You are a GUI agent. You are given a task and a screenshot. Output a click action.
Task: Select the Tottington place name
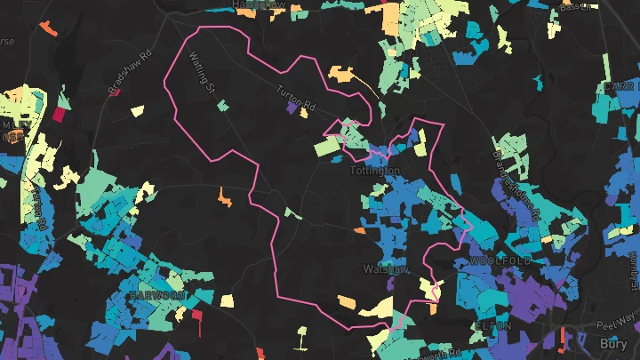(x=375, y=170)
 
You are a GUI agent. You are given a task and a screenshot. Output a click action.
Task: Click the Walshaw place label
(x=385, y=268)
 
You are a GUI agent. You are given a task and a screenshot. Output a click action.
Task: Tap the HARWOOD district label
(x=156, y=294)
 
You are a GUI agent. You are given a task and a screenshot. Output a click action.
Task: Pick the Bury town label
(x=613, y=342)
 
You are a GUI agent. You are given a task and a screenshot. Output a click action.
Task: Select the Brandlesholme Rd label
(x=516, y=185)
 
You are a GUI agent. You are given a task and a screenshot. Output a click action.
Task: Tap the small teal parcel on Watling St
(x=222, y=106)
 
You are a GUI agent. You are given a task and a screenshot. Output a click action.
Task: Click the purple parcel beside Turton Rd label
(x=292, y=107)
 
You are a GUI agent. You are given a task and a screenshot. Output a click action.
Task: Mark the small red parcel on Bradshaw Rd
(x=116, y=91)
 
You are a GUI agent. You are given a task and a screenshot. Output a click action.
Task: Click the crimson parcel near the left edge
(x=60, y=114)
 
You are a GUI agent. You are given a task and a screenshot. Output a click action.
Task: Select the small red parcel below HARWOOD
(x=197, y=314)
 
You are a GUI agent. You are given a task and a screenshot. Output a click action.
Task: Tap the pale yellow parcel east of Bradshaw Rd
(x=137, y=111)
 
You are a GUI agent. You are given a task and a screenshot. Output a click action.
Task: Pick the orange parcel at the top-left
(x=47, y=28)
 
